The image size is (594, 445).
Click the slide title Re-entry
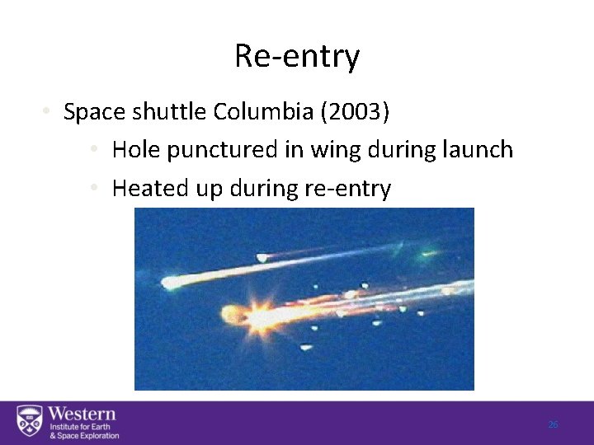pyautogui.click(x=297, y=57)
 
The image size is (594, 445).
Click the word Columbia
pyautogui.click(x=273, y=112)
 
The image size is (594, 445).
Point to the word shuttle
pyautogui.click(x=173, y=112)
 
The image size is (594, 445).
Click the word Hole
pyautogui.click(x=135, y=150)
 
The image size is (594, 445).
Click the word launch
pyautogui.click(x=479, y=150)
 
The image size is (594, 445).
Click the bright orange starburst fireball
pyautogui.click(x=259, y=316)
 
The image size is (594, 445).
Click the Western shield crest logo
pyautogui.click(x=30, y=422)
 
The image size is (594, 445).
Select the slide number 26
pyautogui.click(x=553, y=424)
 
